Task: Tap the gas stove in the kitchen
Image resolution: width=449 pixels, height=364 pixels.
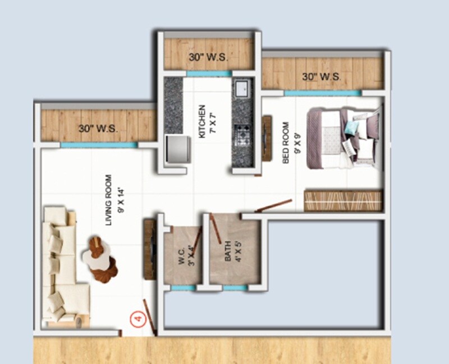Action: (x=242, y=136)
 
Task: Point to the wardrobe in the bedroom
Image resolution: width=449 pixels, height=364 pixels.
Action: (x=343, y=201)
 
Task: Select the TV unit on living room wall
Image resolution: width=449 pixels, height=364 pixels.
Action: (x=149, y=249)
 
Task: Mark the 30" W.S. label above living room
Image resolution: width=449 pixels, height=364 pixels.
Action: (x=98, y=128)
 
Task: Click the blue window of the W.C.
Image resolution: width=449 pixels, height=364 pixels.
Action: (x=183, y=288)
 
